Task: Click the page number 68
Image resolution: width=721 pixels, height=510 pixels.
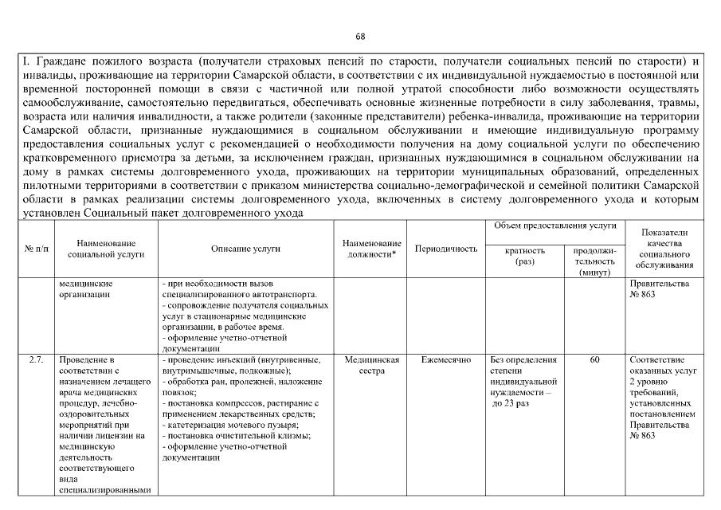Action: pos(360,37)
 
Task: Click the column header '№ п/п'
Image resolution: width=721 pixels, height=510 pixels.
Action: pos(37,249)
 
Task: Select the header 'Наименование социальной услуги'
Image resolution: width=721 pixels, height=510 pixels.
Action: pos(106,249)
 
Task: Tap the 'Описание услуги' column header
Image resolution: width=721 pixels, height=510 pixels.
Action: pos(245,249)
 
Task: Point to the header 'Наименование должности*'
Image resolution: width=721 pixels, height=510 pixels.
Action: pos(370,249)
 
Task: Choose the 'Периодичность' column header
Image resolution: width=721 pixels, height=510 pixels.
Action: pos(446,249)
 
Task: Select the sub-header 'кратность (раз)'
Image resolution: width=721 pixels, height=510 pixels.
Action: pos(525,256)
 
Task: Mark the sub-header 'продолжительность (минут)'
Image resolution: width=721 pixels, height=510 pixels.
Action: pos(594,261)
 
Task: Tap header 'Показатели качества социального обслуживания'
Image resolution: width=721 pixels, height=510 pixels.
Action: pos(664,249)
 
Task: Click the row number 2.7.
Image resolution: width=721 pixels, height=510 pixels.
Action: pos(37,360)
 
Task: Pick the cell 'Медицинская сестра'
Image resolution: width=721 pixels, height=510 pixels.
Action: pos(370,366)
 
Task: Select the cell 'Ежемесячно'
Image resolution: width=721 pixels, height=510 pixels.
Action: pos(446,360)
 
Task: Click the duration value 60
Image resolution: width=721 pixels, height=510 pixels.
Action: pos(594,360)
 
